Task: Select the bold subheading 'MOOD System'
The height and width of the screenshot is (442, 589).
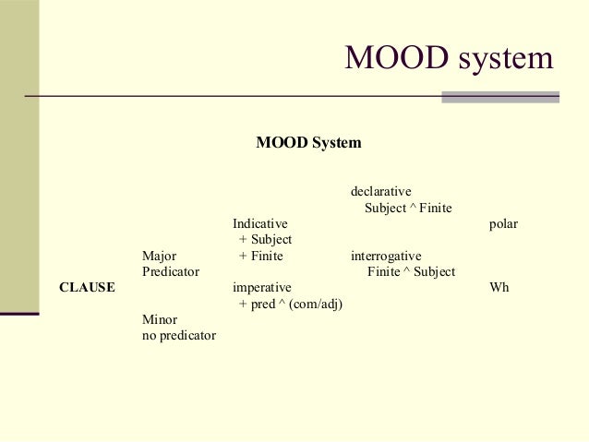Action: coord(308,143)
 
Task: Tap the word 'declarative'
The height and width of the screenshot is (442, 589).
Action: coord(380,192)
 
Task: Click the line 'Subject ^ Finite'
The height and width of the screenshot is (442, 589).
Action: coord(408,209)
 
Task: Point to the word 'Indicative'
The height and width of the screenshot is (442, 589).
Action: coord(260,224)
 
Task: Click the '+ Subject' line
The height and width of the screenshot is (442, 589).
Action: coord(265,240)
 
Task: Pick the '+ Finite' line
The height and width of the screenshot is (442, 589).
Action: coord(260,256)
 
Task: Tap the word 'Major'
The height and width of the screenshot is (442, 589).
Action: coord(160,256)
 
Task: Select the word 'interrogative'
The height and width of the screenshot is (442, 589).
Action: coord(386,256)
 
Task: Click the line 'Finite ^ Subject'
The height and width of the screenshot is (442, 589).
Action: coord(411,272)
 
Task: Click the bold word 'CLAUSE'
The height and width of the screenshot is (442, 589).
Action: coord(87,288)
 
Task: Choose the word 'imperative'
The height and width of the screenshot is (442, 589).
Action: coord(262,288)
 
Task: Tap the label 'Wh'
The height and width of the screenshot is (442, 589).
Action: coord(499,288)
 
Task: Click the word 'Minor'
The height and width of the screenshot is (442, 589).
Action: coord(160,320)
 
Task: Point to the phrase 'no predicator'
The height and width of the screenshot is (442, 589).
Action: coord(179,336)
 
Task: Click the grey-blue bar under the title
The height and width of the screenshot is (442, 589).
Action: coord(500,97)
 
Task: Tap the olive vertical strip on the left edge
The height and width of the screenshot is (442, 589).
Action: coord(18,185)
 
